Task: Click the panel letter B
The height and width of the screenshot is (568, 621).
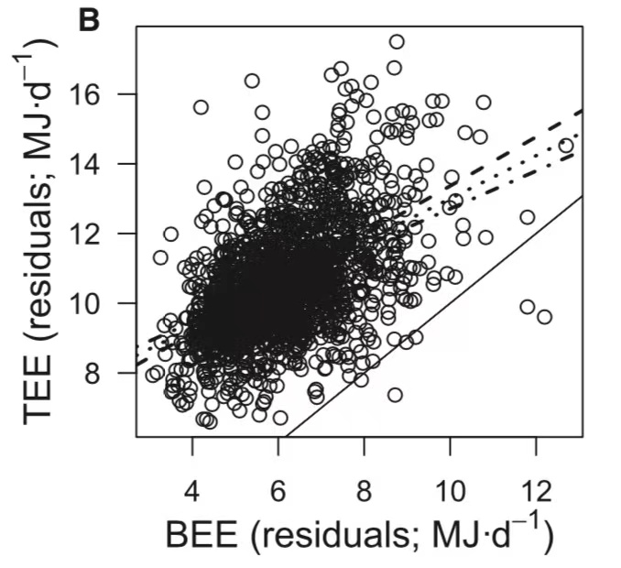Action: point(89,19)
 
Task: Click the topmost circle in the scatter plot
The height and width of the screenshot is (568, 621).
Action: point(397,41)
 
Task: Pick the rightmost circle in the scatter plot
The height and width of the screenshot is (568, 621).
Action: point(566,145)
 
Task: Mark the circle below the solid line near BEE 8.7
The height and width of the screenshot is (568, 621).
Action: point(395,395)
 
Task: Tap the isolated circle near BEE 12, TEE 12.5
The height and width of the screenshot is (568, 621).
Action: point(527,217)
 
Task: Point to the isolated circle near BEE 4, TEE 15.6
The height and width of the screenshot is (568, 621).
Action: point(201,107)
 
